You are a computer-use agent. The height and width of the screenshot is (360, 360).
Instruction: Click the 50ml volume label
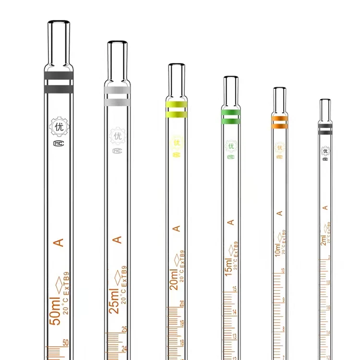56,311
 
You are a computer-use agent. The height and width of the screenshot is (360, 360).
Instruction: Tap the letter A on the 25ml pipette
117,239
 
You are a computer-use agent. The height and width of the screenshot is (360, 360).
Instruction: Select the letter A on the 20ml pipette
176,228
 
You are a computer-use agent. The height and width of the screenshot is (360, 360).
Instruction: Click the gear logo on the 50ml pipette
59,127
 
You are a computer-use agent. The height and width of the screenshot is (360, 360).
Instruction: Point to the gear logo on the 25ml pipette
117,136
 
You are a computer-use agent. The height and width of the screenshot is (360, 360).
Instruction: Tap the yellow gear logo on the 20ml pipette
176,143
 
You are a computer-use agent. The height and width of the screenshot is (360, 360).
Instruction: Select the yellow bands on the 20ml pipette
176,109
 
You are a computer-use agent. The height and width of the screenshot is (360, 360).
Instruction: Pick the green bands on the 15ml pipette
231,116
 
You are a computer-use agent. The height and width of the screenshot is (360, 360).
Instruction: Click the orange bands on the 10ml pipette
279,122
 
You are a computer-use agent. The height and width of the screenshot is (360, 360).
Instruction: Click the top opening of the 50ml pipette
59,23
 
